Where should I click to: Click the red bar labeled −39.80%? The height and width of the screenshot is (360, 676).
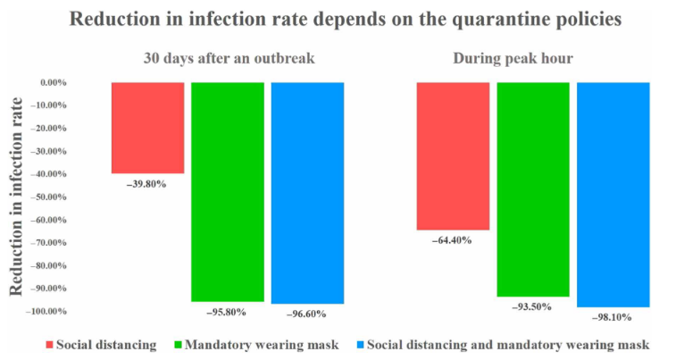[147, 128]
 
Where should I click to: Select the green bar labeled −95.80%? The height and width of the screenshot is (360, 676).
[227, 192]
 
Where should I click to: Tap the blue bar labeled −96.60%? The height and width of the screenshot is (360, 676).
[306, 193]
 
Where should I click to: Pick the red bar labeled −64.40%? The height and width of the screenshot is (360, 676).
[454, 155]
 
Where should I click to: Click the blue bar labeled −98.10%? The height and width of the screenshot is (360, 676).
[613, 195]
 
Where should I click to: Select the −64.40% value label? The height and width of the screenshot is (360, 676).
[452, 240]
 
